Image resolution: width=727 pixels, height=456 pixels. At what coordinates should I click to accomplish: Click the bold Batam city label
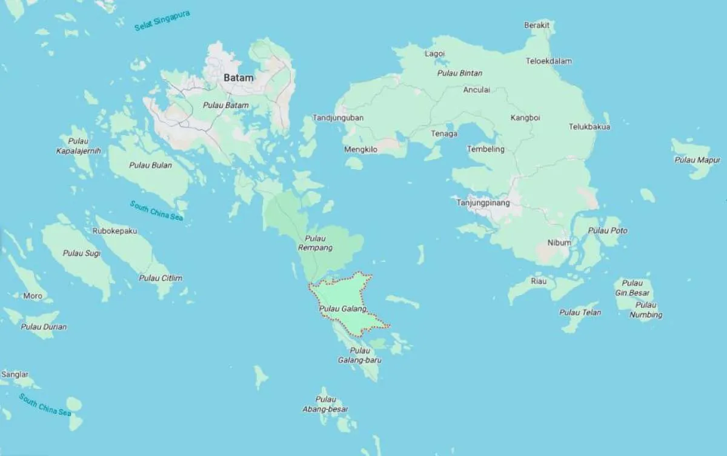(x=239, y=78)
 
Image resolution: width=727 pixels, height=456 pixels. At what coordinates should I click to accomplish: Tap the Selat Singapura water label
(x=162, y=19)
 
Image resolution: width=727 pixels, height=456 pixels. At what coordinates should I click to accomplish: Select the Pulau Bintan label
(x=460, y=73)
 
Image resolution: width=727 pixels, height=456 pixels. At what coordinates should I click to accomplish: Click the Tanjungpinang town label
(x=483, y=203)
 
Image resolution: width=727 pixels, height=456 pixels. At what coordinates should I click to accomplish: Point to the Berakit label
(x=537, y=25)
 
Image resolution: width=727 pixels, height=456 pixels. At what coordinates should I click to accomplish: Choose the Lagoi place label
(x=434, y=53)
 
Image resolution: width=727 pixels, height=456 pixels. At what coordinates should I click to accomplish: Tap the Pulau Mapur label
(x=697, y=160)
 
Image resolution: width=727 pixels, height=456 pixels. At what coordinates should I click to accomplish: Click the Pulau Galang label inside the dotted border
(x=343, y=309)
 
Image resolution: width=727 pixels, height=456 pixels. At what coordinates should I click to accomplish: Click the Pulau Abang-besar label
(x=326, y=404)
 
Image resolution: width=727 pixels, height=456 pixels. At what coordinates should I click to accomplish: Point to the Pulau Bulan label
(x=150, y=165)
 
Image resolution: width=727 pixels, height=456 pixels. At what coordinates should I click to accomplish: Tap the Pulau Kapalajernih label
(x=78, y=146)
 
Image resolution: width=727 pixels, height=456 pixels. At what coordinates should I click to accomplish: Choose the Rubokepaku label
(x=116, y=231)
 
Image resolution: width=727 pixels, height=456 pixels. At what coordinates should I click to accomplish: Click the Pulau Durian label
(x=44, y=327)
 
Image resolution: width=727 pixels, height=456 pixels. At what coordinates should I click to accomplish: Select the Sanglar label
(x=15, y=375)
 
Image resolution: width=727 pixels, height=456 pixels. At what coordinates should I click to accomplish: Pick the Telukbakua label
(x=589, y=127)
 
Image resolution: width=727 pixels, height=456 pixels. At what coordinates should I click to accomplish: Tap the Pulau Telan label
(x=580, y=312)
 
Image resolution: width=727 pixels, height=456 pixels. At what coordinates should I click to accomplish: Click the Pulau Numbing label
(x=646, y=310)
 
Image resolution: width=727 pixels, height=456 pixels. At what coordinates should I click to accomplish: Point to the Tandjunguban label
(x=338, y=118)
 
